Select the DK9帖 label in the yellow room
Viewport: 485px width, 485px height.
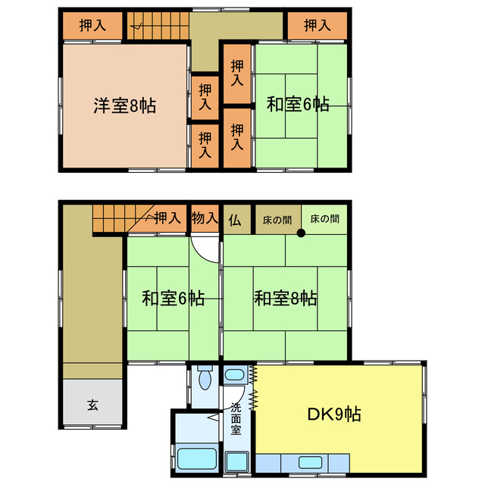click(333, 415)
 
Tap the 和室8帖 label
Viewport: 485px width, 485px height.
click(285, 299)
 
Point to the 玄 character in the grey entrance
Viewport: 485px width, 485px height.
click(92, 404)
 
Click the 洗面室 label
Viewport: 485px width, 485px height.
click(236, 418)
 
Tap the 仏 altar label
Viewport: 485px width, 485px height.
click(235, 220)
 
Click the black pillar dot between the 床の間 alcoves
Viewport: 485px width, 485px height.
click(301, 233)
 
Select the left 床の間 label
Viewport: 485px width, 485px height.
click(277, 219)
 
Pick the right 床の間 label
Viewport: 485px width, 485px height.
click(324, 219)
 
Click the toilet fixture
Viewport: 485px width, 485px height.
click(205, 377)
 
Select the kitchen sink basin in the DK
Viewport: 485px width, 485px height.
click(309, 462)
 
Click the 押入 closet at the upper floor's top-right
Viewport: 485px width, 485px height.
click(318, 25)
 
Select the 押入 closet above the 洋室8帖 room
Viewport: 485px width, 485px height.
click(92, 25)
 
